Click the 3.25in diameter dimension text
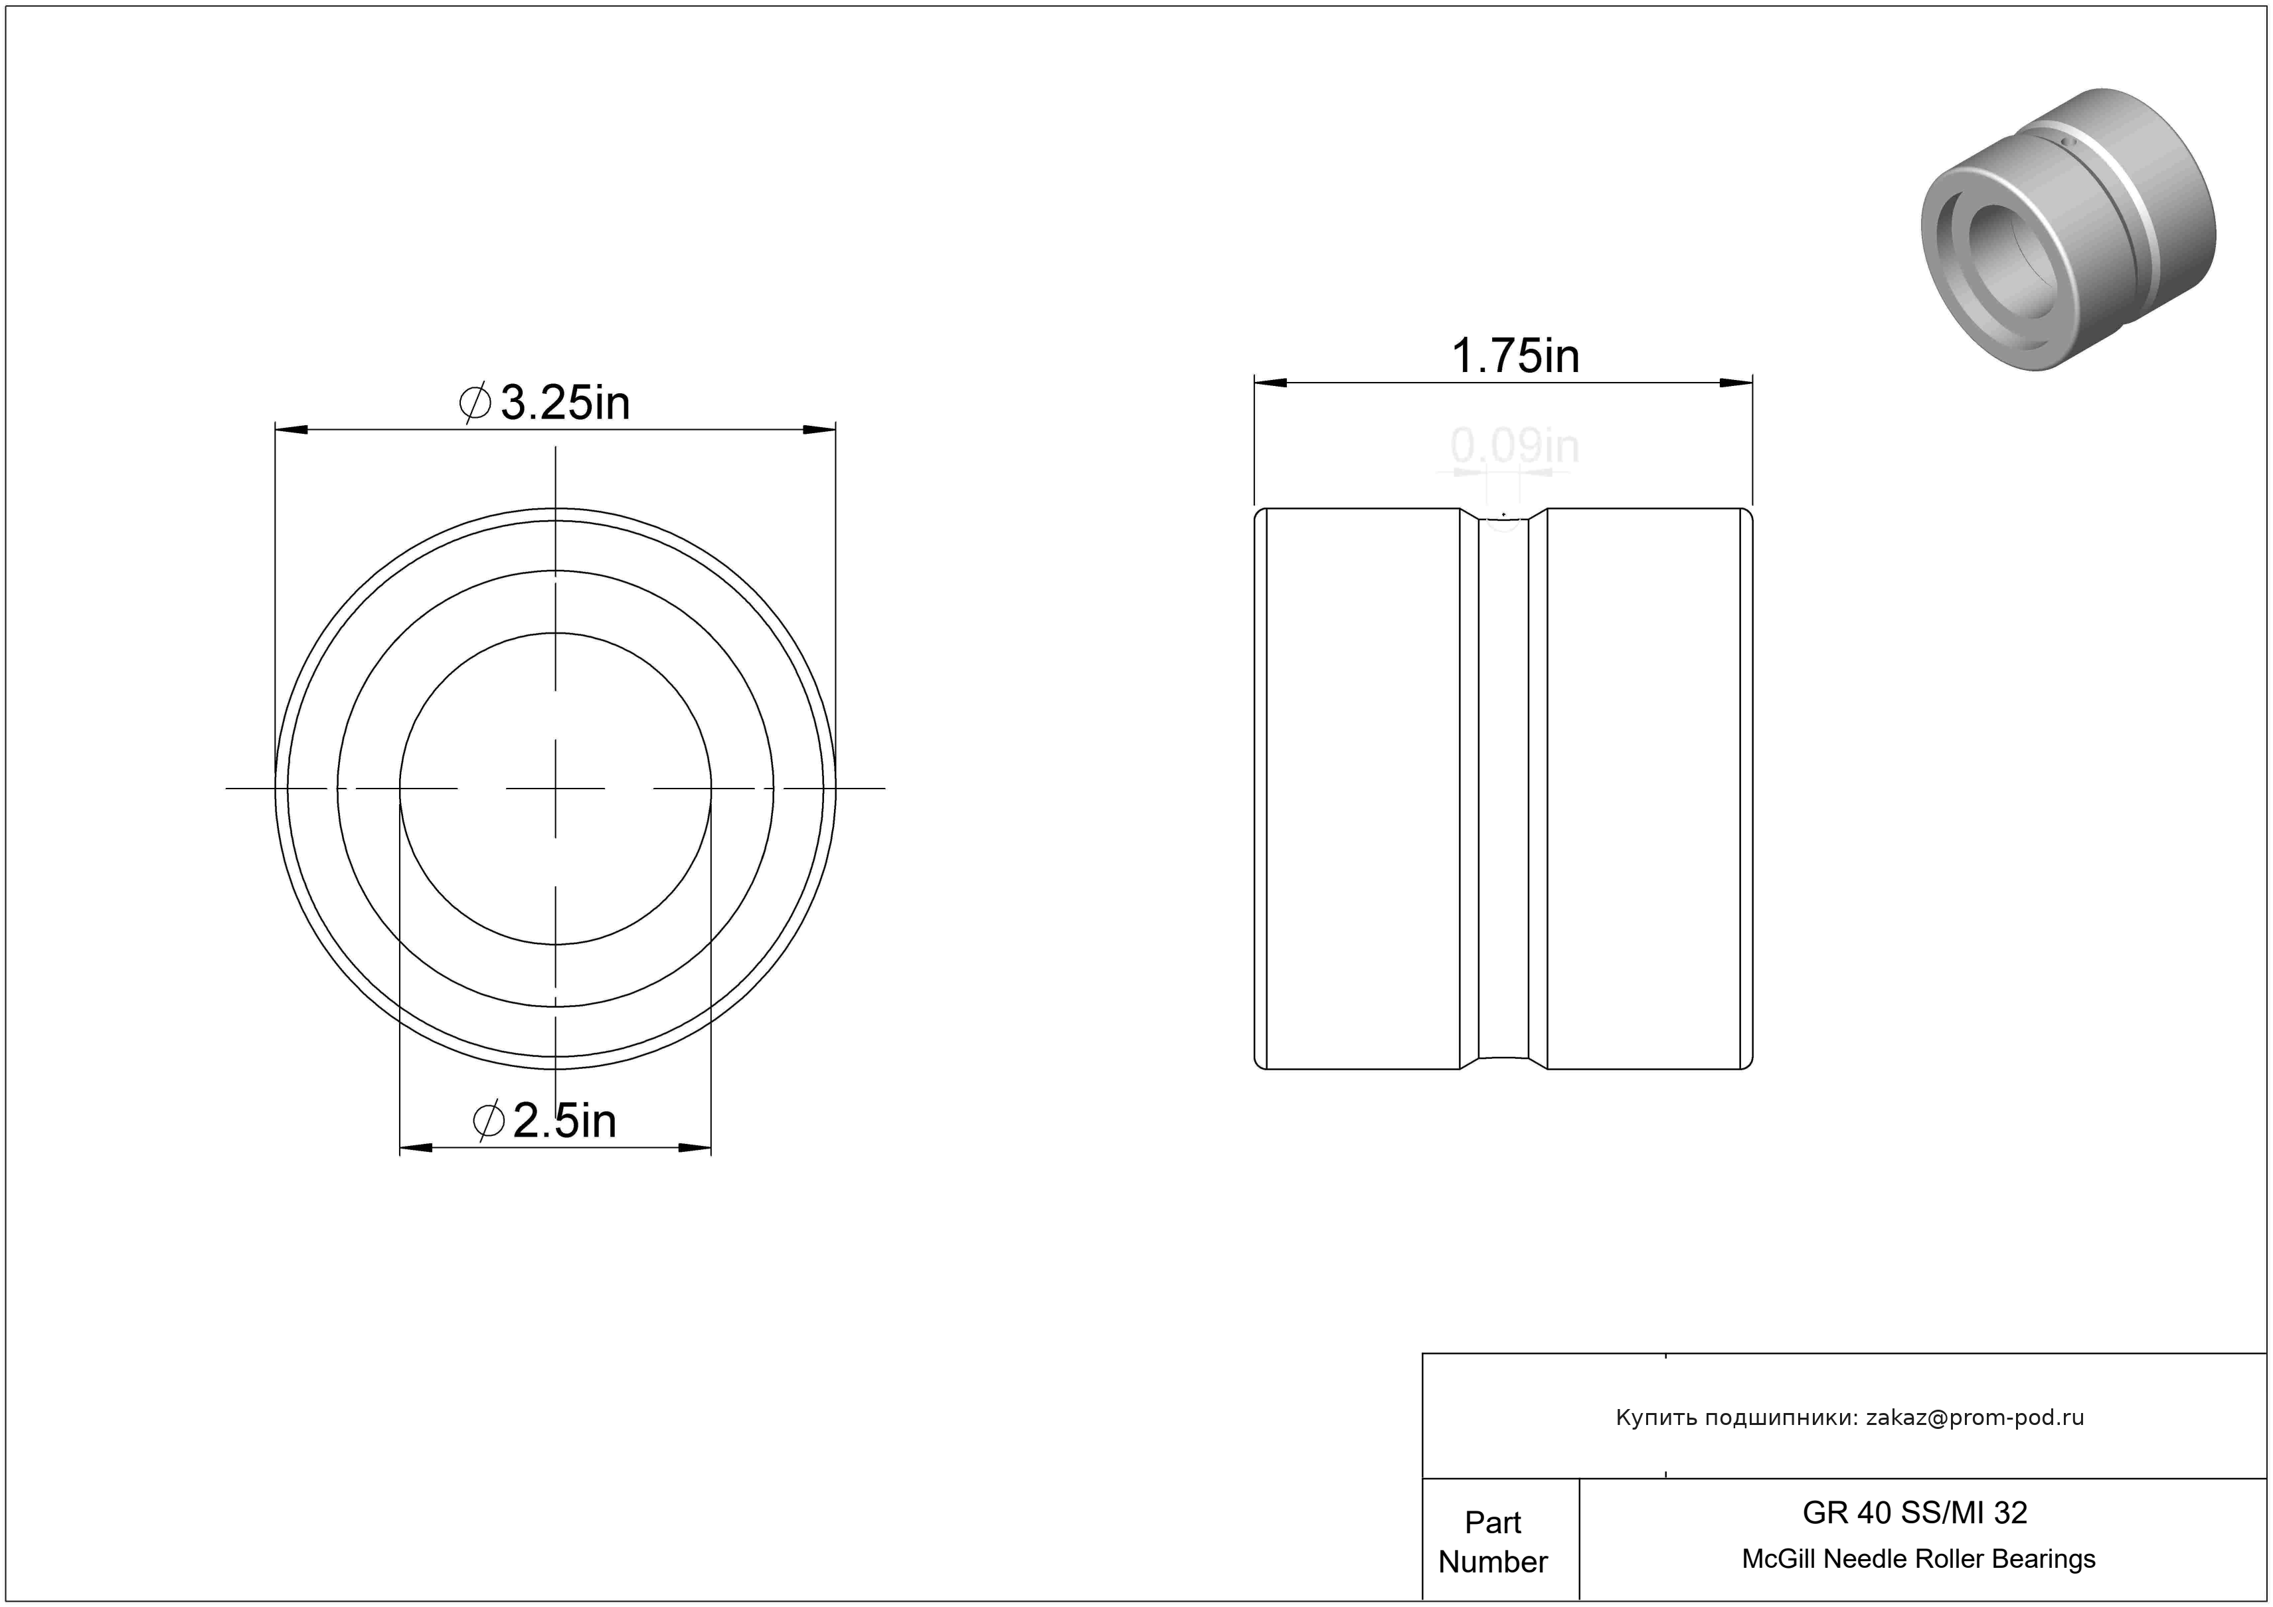(x=565, y=403)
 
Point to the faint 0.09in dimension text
(x=1515, y=446)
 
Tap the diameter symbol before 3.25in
(x=475, y=403)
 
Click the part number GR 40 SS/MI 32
(x=1914, y=1512)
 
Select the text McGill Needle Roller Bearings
(x=1918, y=1559)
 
